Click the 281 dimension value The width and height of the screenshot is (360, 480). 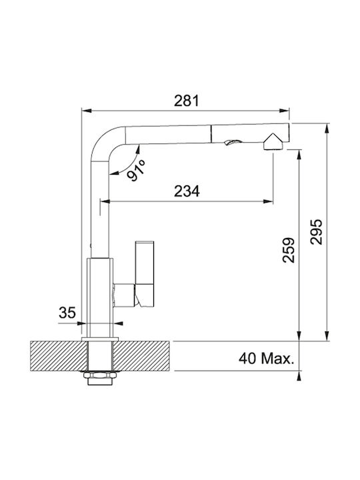coord(187,101)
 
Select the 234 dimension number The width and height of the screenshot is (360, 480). coord(187,191)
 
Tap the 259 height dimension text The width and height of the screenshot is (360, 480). coord(289,250)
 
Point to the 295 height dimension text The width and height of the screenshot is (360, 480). coord(317,232)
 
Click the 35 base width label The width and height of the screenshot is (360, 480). coord(67,313)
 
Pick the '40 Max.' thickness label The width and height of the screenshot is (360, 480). coord(266,359)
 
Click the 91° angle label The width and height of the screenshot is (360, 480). coord(136,170)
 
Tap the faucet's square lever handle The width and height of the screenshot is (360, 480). coord(145,274)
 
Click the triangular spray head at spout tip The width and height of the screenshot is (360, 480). coord(273,142)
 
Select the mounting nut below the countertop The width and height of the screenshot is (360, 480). coord(100,375)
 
